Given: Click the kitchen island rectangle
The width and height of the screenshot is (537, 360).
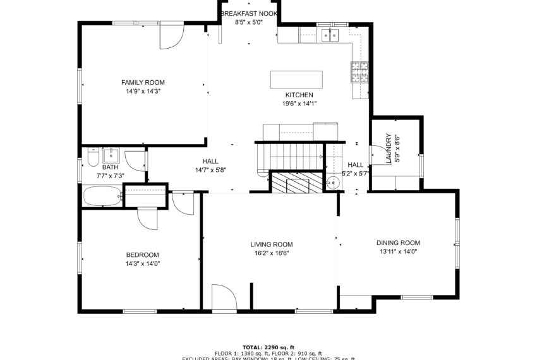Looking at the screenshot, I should point(296,80).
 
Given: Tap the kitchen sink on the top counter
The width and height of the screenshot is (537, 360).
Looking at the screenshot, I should point(329,35).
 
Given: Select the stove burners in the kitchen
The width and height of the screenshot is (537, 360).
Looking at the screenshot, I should point(359,73).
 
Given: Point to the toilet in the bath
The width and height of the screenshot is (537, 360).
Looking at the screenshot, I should point(92,157).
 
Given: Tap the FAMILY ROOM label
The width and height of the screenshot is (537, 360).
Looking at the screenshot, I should point(143,82).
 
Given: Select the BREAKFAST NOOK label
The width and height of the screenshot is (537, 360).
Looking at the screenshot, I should point(248,13).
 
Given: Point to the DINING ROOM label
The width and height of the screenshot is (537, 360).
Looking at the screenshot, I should point(398,243).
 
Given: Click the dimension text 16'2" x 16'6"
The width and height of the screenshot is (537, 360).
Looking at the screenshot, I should point(271,253).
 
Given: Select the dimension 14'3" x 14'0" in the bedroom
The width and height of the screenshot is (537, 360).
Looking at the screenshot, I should point(143,264).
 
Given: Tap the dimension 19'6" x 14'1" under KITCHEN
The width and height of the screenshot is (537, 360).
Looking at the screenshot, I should point(299,104).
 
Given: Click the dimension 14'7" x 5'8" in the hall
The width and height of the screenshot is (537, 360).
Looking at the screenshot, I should point(210,170).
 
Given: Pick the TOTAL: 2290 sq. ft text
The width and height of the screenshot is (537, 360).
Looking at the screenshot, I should point(268,347).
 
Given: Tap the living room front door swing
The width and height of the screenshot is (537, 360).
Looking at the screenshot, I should point(223,297).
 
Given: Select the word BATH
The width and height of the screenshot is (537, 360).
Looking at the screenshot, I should point(110,167).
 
